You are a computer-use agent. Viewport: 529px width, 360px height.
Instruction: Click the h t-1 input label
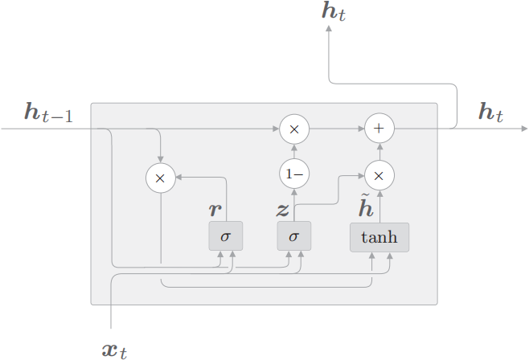[48, 113]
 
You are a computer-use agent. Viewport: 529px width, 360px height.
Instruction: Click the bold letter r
[215, 211]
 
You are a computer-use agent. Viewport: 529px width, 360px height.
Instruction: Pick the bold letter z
[283, 211]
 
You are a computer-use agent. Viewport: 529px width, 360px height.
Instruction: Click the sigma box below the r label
[225, 237]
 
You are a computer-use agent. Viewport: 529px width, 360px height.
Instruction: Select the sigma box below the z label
[293, 237]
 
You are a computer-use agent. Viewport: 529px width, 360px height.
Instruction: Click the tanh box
[379, 237]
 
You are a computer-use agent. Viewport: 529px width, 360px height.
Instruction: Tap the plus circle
[379, 129]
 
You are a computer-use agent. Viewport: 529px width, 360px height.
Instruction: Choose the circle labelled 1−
[293, 174]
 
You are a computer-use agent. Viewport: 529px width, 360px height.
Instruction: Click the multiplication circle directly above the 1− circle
[293, 129]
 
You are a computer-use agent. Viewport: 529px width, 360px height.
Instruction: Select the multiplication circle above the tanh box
[379, 174]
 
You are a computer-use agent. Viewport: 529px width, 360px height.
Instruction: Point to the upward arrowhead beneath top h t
[329, 29]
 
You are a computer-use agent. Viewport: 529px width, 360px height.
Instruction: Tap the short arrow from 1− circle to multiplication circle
[293, 151]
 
